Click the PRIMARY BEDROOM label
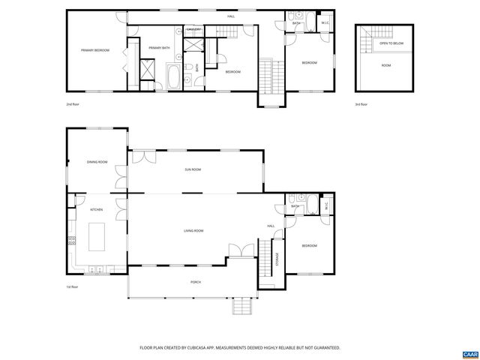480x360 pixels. coord(95,50)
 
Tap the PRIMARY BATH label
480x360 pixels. coord(160,48)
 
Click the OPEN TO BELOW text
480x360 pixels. coord(391,43)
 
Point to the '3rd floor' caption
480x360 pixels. coord(361,104)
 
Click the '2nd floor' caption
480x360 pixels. coord(73,104)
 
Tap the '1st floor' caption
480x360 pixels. coord(73,286)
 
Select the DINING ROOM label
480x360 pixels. coord(97,162)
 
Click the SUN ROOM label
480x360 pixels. coord(193,169)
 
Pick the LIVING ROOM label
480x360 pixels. coord(194,231)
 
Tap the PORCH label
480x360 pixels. coord(195,282)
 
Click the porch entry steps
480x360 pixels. coord(242,307)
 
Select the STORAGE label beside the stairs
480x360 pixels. coord(277,259)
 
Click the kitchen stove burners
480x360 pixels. coord(72,241)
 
